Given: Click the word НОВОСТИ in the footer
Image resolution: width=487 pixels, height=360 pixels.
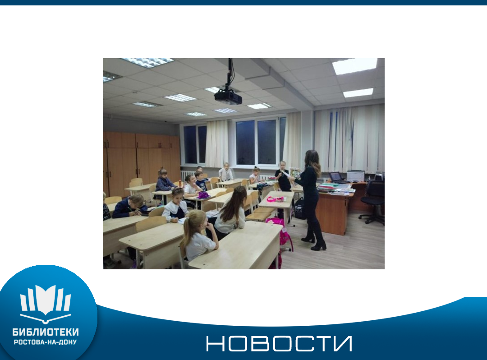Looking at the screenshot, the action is (x=279, y=343).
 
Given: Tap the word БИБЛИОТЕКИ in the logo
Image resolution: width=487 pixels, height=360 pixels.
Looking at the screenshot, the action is (x=46, y=332).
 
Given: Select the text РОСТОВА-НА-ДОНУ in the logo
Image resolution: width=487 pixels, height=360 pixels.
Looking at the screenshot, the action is (x=46, y=342).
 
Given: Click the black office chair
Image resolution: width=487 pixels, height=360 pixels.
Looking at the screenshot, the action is (x=373, y=201).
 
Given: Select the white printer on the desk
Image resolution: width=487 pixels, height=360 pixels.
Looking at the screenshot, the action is (x=356, y=176).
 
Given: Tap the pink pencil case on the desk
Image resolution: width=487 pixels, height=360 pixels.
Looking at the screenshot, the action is (x=275, y=199).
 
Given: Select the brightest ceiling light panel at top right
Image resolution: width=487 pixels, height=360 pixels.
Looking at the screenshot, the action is (x=354, y=66).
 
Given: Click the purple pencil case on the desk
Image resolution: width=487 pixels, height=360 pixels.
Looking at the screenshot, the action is (x=203, y=195).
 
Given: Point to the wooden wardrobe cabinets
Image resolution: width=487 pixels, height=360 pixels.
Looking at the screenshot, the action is (x=141, y=163).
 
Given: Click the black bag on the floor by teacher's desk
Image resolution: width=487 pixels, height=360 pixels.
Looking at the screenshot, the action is (x=300, y=208).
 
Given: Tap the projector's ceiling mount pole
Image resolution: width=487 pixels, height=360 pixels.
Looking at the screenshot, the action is (x=230, y=74).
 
